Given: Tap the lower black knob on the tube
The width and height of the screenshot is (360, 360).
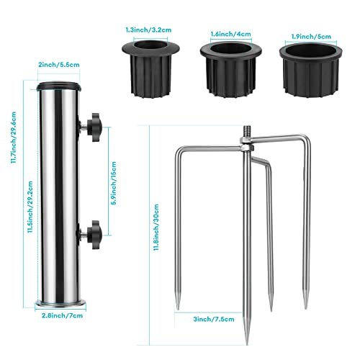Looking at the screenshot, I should [x=94, y=232].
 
